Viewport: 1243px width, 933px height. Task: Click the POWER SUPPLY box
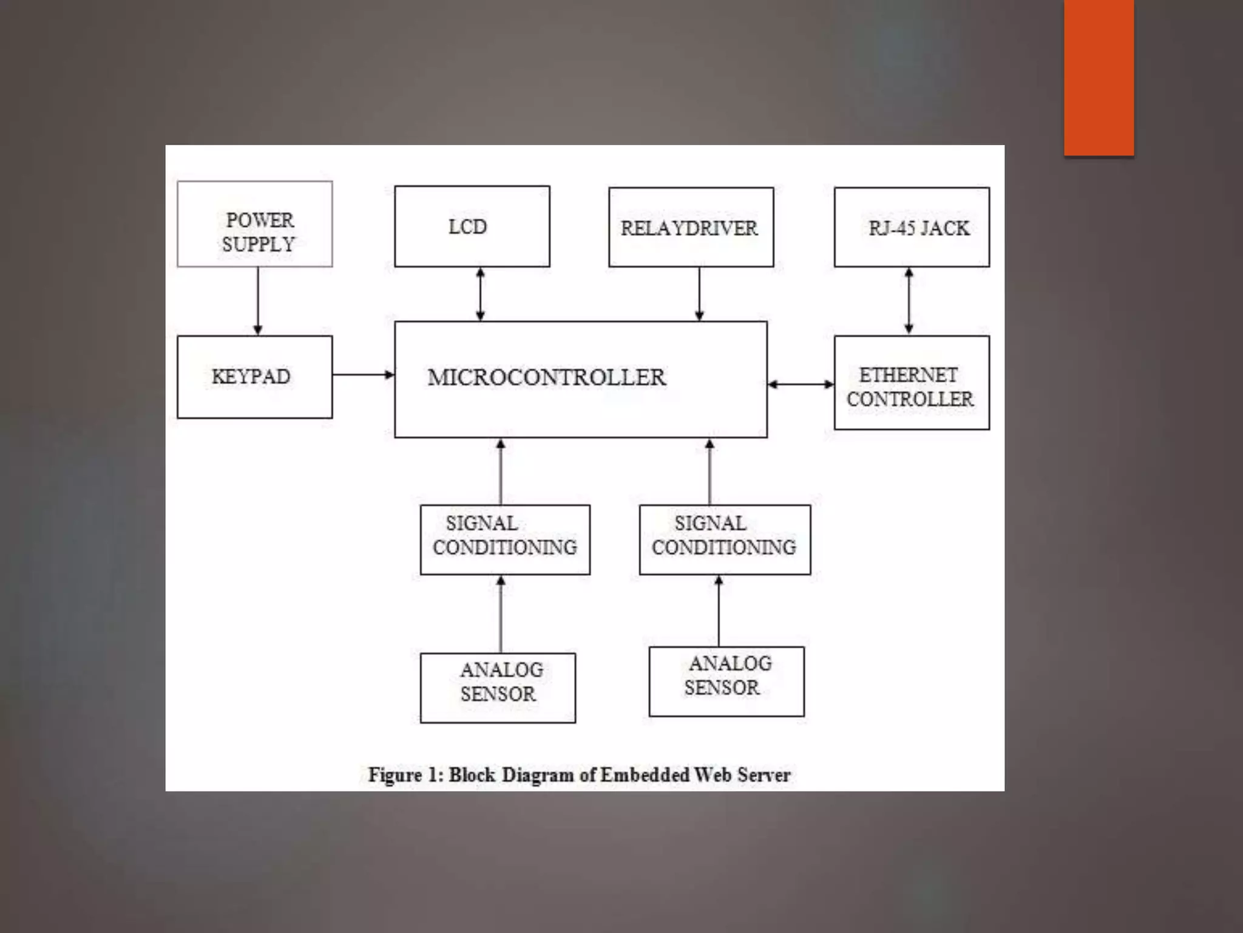coord(255,224)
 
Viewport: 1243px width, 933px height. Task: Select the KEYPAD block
coord(255,377)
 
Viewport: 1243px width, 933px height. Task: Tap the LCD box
coord(472,227)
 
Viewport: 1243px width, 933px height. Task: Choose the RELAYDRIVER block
coord(691,227)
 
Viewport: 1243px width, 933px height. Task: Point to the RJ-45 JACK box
coord(912,227)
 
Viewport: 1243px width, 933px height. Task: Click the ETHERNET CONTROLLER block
coord(912,383)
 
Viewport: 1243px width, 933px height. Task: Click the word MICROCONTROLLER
coord(546,377)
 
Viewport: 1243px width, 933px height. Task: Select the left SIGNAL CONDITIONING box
coord(505,539)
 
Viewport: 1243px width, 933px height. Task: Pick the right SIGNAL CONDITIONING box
coord(725,539)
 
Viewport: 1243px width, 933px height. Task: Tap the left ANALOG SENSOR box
coord(498,688)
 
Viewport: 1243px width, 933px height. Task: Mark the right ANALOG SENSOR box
coord(726,682)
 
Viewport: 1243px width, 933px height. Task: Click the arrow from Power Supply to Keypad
coord(258,301)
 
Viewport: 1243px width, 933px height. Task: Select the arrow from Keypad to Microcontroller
coord(363,375)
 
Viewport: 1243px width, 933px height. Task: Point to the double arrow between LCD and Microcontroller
coord(480,295)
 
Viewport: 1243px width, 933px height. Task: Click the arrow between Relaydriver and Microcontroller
coord(699,295)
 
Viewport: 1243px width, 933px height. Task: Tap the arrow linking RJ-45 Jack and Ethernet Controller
coord(909,301)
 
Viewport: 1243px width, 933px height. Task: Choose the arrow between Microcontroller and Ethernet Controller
coord(801,384)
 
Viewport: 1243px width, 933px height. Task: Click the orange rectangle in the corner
coord(1099,77)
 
